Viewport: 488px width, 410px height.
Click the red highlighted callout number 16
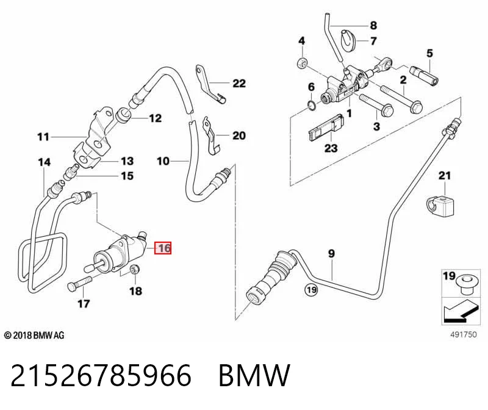point(163,248)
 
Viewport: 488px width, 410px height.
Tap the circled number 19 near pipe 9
point(311,290)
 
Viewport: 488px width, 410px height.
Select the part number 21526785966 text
point(101,375)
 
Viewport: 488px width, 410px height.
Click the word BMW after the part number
point(254,375)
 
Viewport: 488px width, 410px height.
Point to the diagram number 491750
point(464,334)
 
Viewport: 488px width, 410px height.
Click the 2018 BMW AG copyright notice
point(34,336)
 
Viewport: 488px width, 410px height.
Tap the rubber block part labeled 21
point(440,206)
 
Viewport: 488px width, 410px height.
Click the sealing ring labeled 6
point(312,106)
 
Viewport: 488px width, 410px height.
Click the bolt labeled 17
point(79,283)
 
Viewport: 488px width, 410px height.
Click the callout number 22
point(239,83)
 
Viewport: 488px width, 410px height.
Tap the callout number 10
point(163,161)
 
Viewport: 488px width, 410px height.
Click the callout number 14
point(44,162)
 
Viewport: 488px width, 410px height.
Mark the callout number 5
point(429,53)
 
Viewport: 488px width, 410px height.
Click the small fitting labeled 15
point(71,173)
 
